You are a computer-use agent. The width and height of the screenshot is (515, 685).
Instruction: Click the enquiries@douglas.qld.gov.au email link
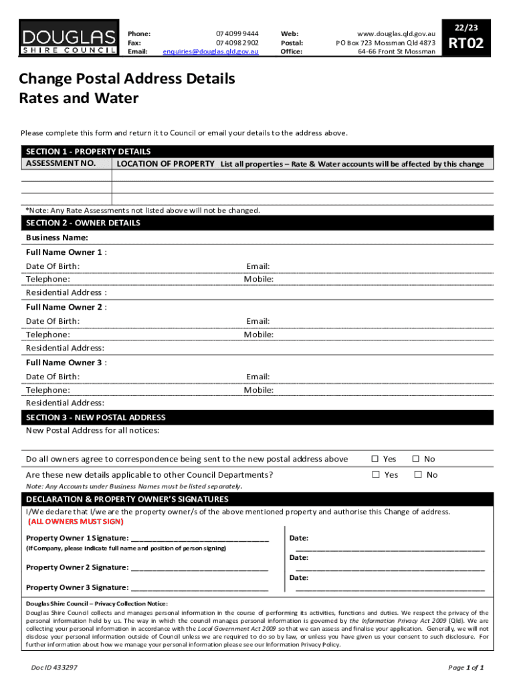(211, 52)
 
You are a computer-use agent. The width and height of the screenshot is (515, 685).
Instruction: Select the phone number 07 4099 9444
(237, 33)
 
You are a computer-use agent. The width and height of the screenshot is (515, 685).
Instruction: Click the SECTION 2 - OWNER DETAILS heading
(83, 223)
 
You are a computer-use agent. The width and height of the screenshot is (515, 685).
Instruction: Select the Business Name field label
(57, 237)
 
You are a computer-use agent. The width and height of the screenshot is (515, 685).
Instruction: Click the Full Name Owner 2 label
(66, 307)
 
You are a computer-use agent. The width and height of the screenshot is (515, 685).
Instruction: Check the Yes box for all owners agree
(375, 459)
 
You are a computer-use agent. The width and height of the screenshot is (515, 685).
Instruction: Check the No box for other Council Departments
(417, 474)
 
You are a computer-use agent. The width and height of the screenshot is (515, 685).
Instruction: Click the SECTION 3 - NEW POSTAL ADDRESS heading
(96, 417)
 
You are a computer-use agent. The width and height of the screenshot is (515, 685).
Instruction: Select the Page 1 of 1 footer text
(466, 668)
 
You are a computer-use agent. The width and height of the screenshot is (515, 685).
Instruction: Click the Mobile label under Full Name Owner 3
(258, 390)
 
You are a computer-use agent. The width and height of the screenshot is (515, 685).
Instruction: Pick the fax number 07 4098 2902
(237, 42)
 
